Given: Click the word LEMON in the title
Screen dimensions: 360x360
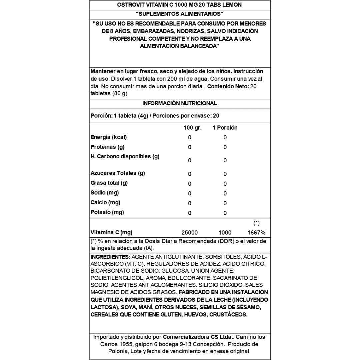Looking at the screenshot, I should [x=231, y=5].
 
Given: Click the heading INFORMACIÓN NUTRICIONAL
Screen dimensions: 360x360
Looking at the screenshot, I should [x=179, y=103].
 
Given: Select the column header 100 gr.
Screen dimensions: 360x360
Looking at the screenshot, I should [x=192, y=128].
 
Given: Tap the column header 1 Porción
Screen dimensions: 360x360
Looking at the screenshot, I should [x=225, y=128].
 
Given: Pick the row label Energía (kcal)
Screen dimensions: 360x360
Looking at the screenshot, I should [x=109, y=137].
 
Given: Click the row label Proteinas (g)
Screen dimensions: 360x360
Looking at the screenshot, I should [x=107, y=147].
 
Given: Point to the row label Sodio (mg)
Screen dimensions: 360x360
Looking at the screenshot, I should [x=105, y=193].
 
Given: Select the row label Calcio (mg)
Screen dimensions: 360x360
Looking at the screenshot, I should [x=105, y=202].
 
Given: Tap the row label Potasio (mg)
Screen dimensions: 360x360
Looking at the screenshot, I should [x=107, y=212].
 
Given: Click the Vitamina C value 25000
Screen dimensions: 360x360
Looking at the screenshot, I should [x=190, y=233].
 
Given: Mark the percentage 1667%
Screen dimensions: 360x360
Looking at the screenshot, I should [x=256, y=233].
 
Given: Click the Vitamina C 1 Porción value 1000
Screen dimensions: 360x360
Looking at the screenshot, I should [x=225, y=233].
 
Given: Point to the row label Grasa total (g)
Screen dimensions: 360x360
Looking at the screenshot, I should [x=109, y=183].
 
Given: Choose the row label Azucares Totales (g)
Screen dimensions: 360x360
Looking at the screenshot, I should [x=118, y=173].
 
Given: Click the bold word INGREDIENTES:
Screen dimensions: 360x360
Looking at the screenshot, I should [x=111, y=257].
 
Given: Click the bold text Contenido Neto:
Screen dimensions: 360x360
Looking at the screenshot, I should [x=228, y=86].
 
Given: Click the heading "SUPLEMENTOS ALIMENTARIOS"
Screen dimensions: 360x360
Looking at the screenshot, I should [x=179, y=14].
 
